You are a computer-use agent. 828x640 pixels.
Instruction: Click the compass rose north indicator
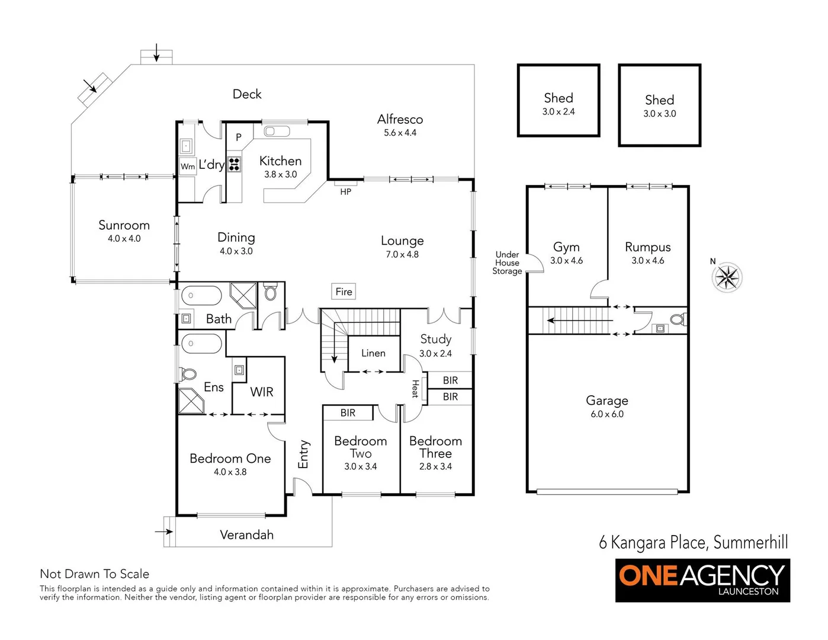coord(727,277)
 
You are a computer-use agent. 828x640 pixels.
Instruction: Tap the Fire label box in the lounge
coord(344,292)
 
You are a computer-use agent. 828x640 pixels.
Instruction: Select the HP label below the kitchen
coord(346,191)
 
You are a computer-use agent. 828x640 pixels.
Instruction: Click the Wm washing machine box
coord(188,167)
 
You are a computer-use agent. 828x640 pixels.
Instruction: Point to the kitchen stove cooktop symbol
coord(234,164)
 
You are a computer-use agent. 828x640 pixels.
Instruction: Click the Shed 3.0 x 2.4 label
coord(559,111)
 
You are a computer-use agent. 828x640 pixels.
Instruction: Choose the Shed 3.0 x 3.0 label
coord(659,113)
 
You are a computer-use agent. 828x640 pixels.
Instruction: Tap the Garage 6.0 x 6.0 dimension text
coord(607,414)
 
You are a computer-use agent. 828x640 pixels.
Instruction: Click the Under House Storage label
coord(508,263)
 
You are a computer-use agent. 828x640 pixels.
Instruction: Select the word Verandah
coord(246,535)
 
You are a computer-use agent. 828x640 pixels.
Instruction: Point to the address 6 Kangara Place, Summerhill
coord(693,542)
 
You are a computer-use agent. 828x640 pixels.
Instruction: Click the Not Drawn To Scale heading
coord(94,574)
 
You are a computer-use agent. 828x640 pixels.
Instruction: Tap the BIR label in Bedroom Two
coord(348,413)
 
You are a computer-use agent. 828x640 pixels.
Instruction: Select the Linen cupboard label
coord(373,353)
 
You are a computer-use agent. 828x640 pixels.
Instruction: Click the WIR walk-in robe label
coord(261,392)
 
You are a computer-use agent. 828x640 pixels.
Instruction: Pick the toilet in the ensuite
coord(189,375)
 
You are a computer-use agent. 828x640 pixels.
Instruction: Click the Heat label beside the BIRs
coord(415,389)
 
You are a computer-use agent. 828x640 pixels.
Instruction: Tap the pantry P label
coord(239,137)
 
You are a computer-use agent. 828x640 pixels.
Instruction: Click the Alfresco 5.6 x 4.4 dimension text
coord(400,133)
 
